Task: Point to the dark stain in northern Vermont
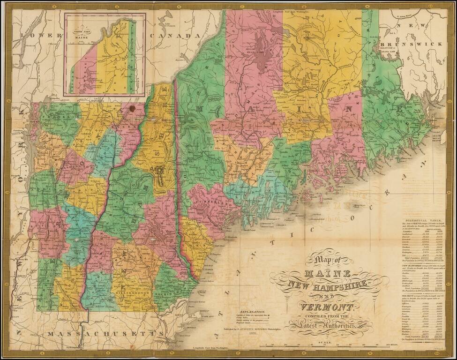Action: (132, 109)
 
